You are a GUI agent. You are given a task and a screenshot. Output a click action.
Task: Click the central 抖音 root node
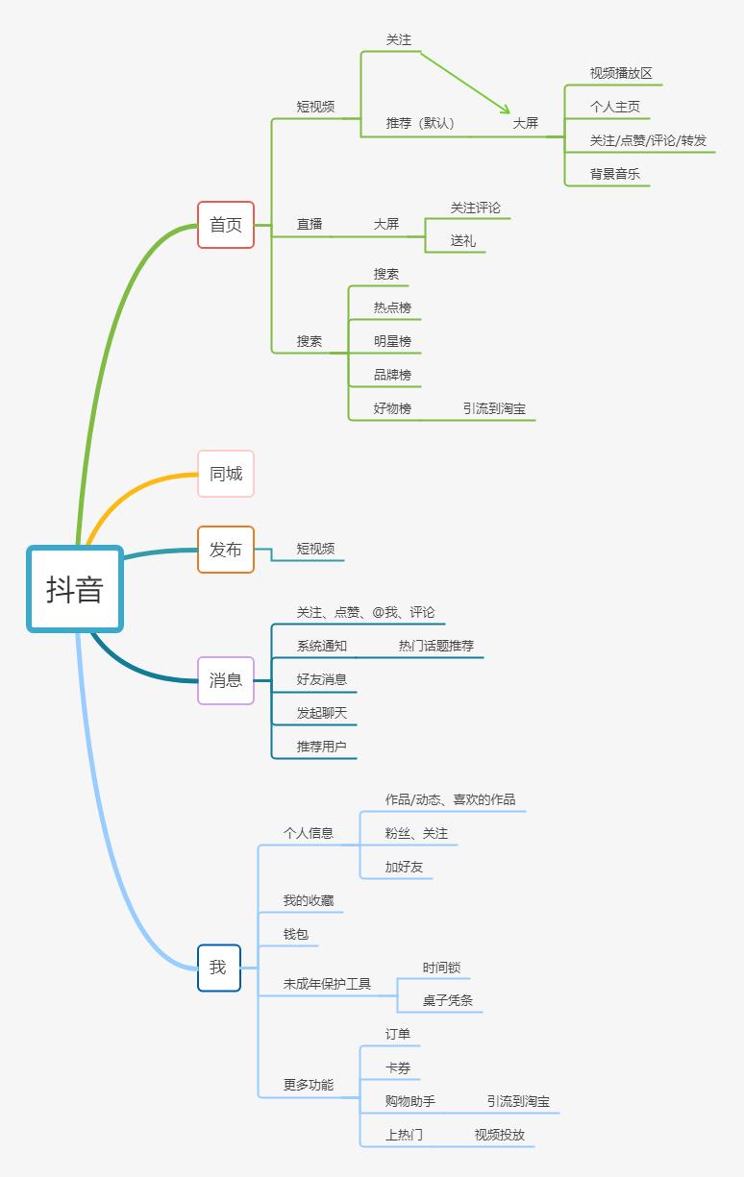coord(75,588)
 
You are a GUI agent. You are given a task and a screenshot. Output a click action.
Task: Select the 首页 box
coord(226,225)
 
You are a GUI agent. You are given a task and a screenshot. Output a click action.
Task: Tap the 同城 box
coord(226,474)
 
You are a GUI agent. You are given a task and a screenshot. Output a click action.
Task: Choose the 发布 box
coord(226,549)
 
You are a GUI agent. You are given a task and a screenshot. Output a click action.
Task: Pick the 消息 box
coord(226,680)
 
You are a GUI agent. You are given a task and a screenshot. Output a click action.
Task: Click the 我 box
coord(219,968)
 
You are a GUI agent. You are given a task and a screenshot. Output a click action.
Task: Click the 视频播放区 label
coord(620,73)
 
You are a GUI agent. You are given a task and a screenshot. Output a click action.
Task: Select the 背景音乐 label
coord(614,174)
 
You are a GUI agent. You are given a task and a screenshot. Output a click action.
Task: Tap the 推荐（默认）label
coord(420,123)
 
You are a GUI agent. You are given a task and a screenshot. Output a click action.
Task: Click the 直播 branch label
coord(310,225)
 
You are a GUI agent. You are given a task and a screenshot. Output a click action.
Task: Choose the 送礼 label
coord(462,240)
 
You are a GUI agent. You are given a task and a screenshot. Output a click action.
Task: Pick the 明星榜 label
coord(392,341)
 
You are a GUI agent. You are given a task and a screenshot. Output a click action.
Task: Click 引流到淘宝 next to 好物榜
coord(494,408)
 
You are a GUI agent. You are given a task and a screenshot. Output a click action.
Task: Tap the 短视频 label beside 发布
coord(315,549)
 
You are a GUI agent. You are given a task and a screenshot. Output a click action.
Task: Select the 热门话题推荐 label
coord(435,646)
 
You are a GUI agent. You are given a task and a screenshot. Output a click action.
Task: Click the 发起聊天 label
coord(322,713)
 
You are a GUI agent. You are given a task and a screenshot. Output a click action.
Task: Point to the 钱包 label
coord(295,934)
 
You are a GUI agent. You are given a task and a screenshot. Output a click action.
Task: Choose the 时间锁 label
coord(441,968)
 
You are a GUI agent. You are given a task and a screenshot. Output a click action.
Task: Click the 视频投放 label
coord(500,1135)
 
